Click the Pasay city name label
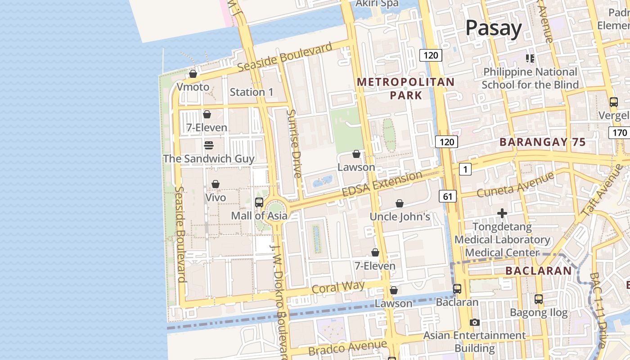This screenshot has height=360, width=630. (493, 28)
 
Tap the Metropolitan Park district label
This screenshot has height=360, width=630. (405, 88)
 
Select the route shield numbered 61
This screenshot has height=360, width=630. (447, 196)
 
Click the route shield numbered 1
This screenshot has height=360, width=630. (465, 169)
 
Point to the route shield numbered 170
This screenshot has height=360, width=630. (619, 133)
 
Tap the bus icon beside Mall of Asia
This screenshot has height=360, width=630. (259, 202)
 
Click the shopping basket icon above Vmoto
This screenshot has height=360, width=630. (193, 73)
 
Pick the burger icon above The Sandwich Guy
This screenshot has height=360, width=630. (208, 145)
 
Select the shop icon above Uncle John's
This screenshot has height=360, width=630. (399, 203)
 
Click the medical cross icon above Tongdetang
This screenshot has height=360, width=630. (502, 213)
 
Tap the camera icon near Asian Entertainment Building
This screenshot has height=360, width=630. (474, 322)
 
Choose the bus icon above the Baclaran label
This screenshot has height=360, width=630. (457, 288)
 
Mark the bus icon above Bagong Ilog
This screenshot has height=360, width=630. (538, 299)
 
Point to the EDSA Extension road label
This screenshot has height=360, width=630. (382, 184)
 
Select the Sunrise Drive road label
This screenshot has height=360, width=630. (294, 144)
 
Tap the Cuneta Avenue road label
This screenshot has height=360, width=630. (515, 185)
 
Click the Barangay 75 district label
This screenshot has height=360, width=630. (542, 142)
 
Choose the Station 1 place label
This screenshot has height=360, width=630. (252, 92)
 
